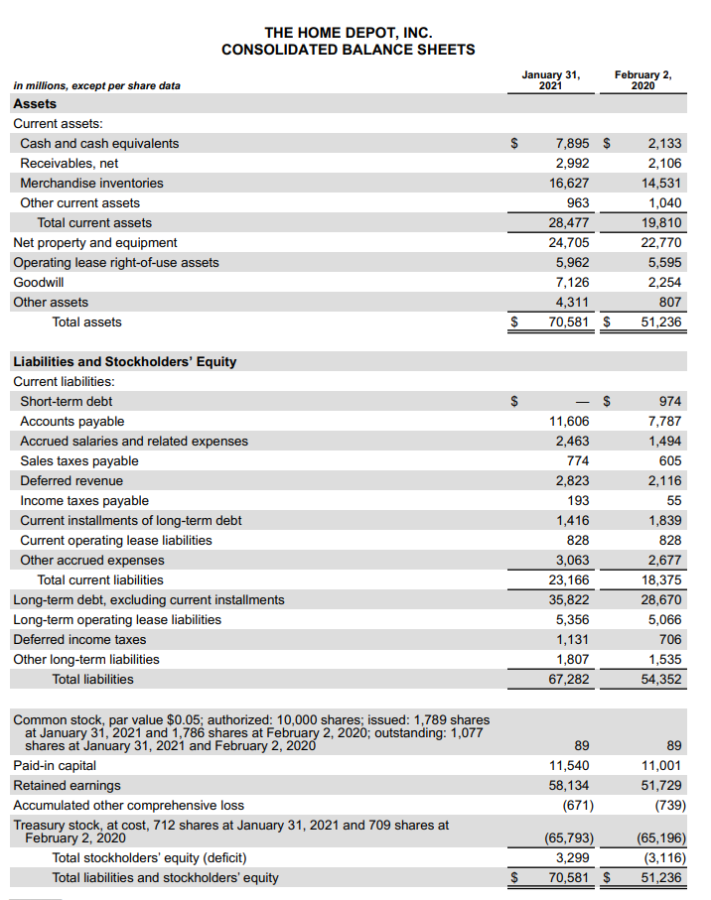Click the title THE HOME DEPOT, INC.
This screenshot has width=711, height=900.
coord(348,33)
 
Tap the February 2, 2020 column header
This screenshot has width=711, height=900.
coord(642,79)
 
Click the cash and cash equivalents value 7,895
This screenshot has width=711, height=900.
coord(571,144)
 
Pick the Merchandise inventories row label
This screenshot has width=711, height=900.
coord(91,184)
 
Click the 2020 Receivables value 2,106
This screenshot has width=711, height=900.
coord(663,164)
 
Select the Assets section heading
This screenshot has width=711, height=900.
coord(35,104)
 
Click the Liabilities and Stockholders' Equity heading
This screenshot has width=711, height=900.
coord(125,362)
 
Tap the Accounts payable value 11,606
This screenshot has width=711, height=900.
coord(569,422)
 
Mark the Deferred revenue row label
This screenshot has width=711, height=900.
coord(71,481)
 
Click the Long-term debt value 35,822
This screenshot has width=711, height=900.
coord(569,600)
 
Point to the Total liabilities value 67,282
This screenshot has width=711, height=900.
coord(569,680)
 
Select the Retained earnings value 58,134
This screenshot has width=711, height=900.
coord(569,785)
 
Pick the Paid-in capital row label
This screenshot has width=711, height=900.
coord(55,765)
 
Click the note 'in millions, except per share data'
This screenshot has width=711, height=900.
coord(97,85)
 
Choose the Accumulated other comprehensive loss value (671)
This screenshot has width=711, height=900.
coord(577,805)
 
